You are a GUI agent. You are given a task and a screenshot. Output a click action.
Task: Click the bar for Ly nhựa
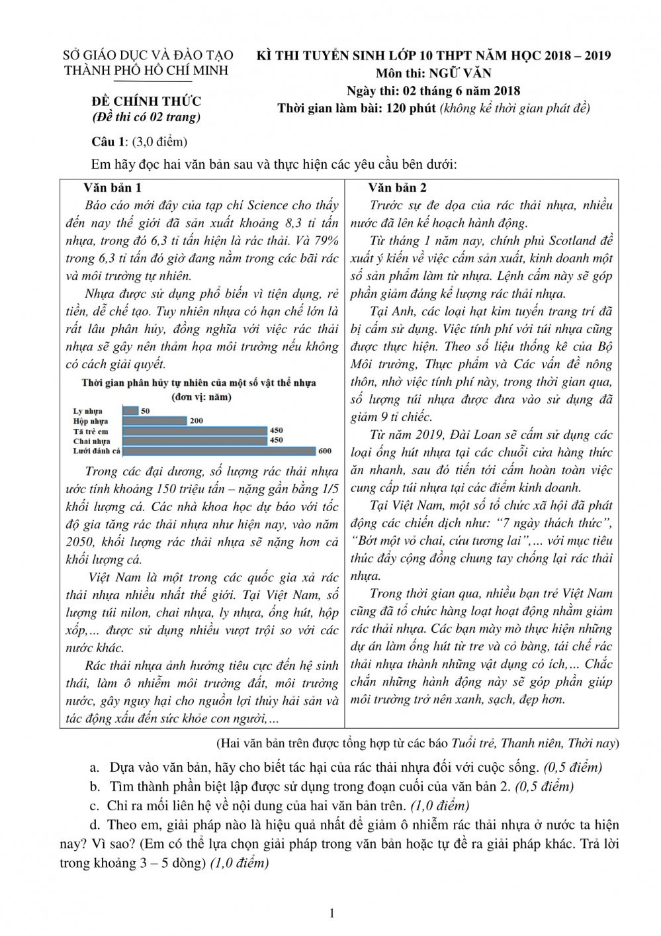(131, 411)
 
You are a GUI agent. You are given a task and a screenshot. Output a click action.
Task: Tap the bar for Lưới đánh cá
(219, 451)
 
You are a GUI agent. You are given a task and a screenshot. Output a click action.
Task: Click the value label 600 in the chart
(324, 451)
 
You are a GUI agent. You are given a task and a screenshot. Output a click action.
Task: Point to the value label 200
(197, 421)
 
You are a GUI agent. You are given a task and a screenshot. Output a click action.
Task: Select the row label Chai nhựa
(92, 441)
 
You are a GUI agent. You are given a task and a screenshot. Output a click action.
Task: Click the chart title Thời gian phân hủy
(198, 383)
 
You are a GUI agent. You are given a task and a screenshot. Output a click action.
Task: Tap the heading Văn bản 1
(113, 187)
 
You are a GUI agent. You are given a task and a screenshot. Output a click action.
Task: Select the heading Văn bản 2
(397, 187)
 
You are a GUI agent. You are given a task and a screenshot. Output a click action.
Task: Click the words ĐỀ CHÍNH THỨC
(146, 101)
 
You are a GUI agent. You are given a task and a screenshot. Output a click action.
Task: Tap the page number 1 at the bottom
(331, 914)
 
